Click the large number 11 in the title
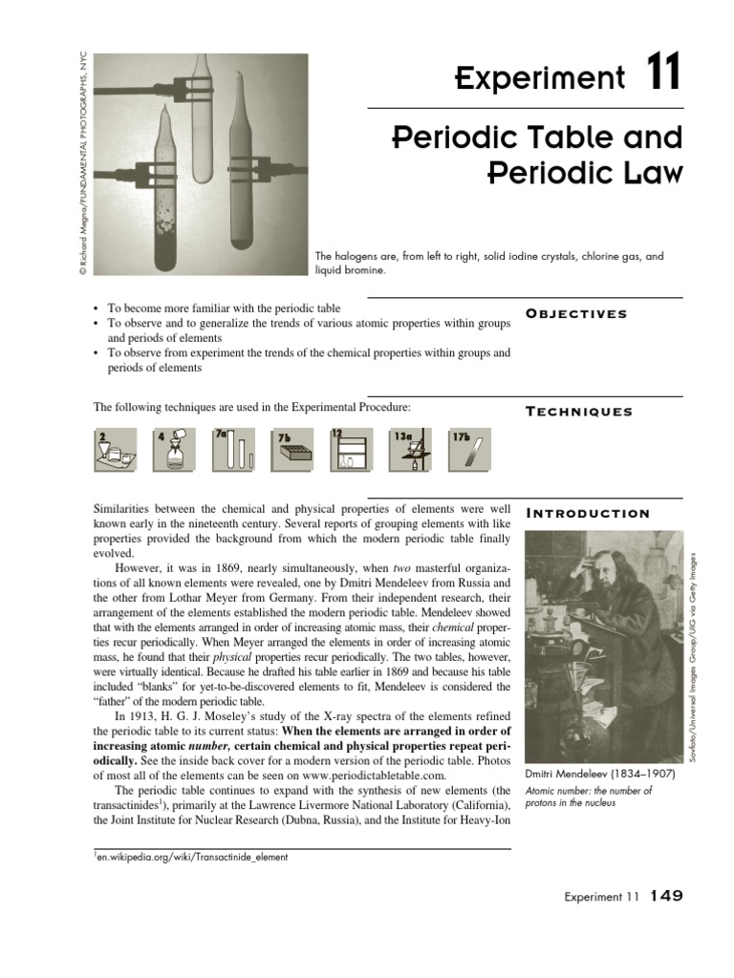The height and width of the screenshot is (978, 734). point(658,74)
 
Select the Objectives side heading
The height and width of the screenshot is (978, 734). point(576,313)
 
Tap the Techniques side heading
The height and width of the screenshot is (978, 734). point(579,412)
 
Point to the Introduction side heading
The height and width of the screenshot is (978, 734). point(588,513)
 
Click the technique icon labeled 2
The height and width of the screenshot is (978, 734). point(115,450)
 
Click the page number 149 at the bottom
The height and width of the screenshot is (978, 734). point(665,895)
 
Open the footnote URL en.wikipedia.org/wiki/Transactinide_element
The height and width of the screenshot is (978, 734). point(192,857)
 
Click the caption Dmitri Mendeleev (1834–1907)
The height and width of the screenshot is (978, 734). point(601,775)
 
